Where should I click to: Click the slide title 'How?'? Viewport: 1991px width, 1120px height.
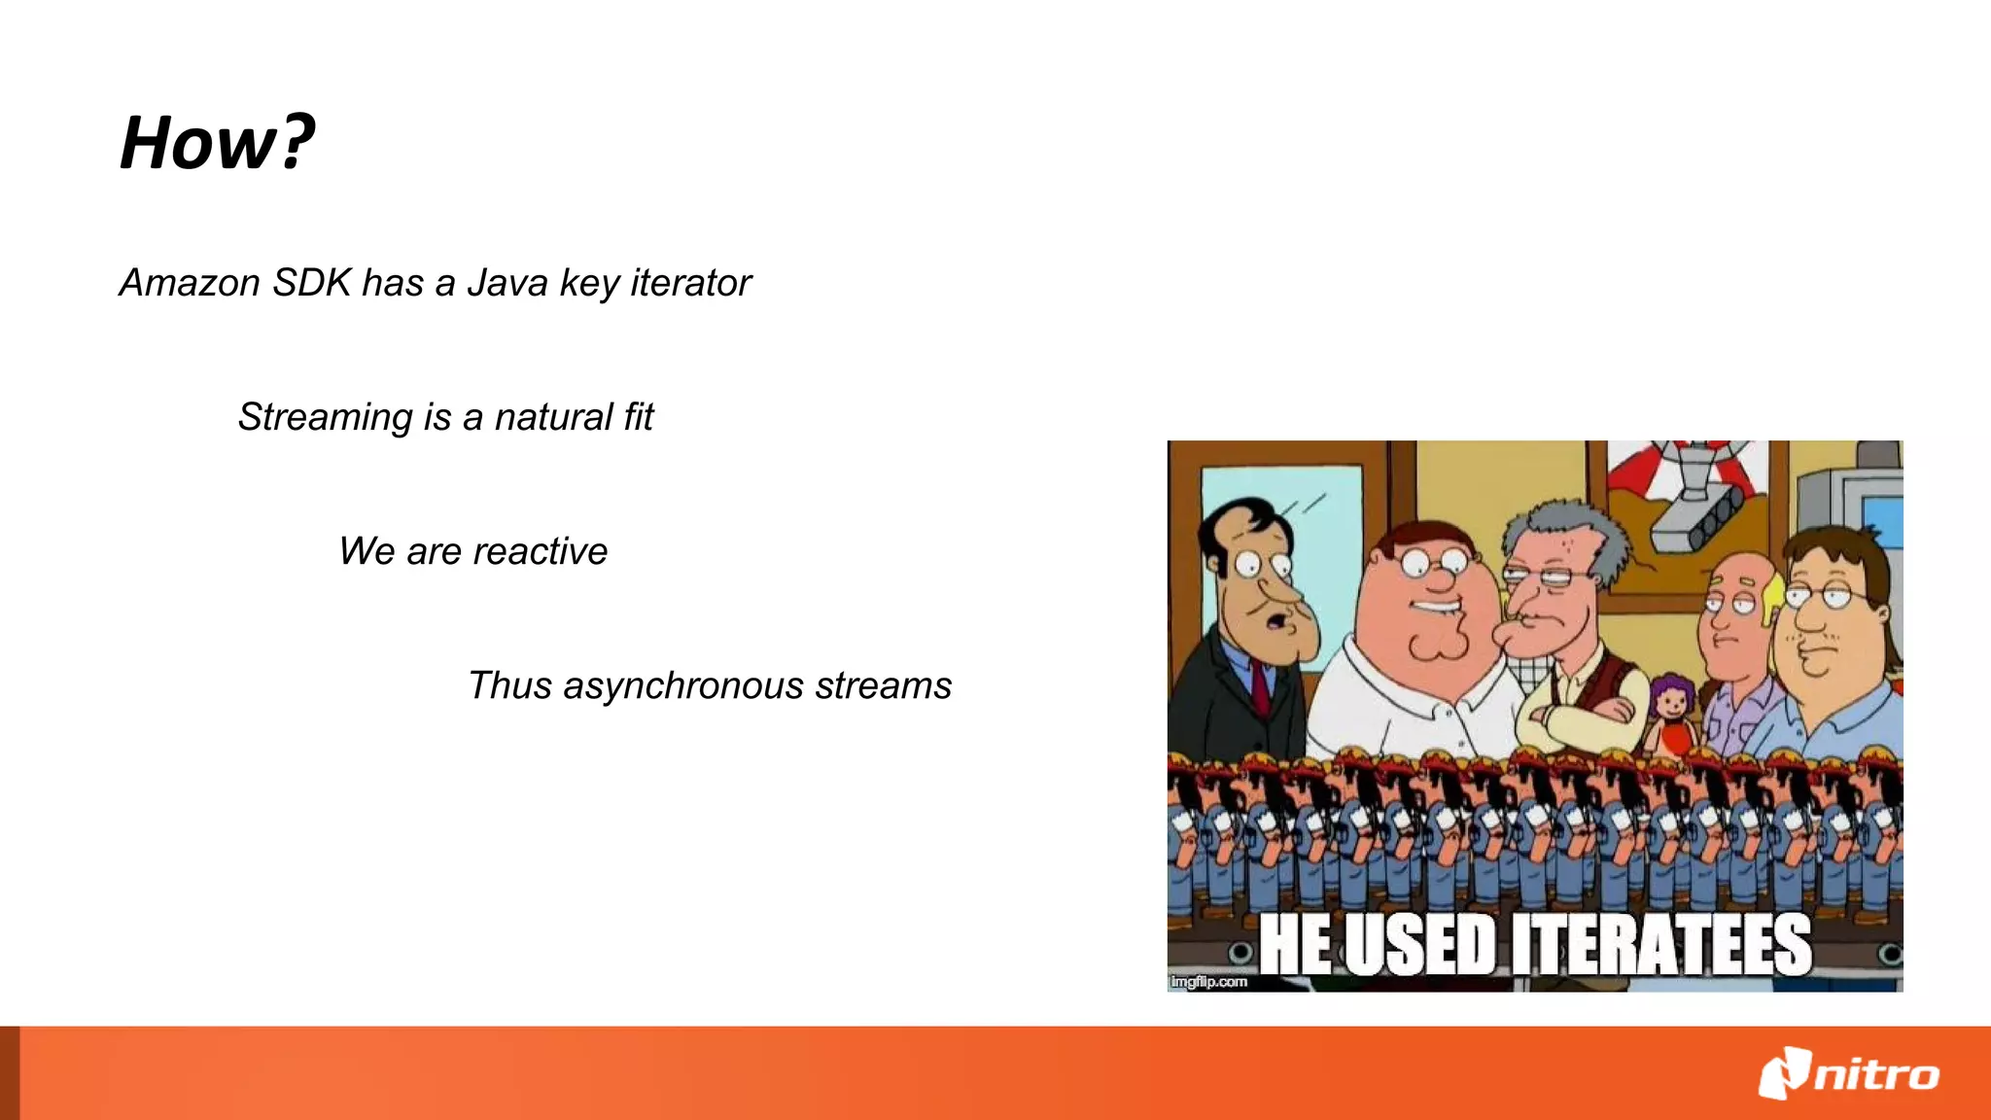(217, 143)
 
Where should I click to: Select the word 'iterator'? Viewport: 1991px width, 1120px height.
(690, 283)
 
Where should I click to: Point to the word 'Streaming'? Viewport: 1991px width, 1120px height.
(326, 418)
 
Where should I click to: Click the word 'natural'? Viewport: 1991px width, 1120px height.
(553, 417)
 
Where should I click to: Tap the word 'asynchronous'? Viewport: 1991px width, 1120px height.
(683, 686)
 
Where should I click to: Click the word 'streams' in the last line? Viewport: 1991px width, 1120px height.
(883, 685)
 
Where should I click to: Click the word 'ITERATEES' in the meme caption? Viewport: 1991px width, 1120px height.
(1661, 945)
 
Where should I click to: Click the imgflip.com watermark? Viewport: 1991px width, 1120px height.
(1208, 982)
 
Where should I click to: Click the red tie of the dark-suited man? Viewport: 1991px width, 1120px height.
(1260, 689)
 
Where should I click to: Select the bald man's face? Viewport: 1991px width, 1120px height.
(1732, 617)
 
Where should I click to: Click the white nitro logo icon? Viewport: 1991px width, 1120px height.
(1784, 1073)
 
